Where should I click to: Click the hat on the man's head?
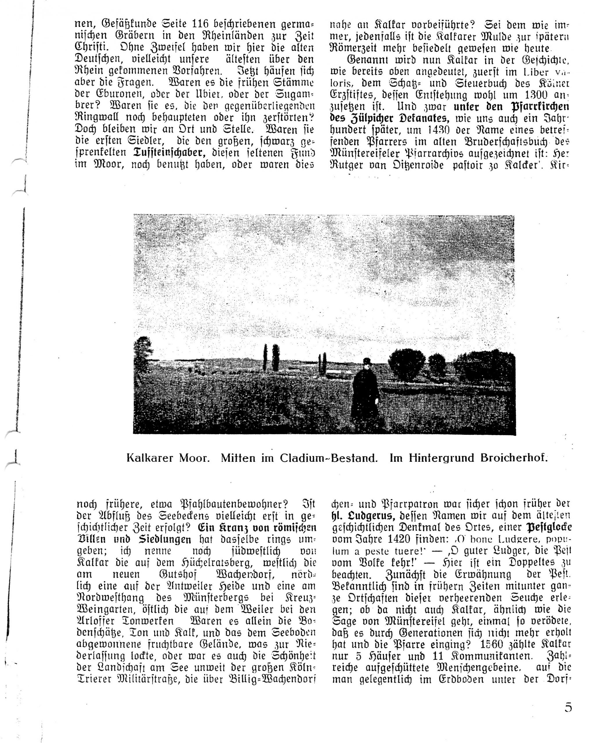click(366, 361)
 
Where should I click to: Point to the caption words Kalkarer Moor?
click(168, 458)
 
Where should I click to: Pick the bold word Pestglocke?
click(549, 527)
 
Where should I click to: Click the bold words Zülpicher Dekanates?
click(390, 118)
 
